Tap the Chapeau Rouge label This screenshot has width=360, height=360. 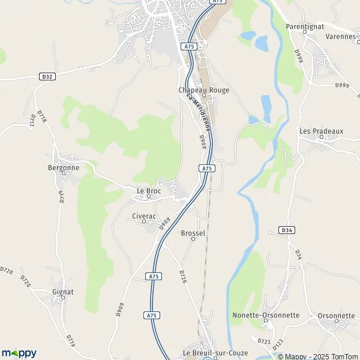[x=204, y=90]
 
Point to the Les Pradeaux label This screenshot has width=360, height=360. [x=321, y=131]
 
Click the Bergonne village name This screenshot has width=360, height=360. [x=64, y=168]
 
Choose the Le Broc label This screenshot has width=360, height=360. [x=149, y=191]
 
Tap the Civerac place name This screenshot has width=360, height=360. [x=144, y=215]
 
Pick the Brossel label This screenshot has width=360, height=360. [x=193, y=233]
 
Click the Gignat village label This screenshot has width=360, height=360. [x=63, y=292]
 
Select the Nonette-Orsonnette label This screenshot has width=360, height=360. [x=266, y=315]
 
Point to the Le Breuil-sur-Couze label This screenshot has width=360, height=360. [x=209, y=353]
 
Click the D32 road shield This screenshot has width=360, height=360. [x=47, y=76]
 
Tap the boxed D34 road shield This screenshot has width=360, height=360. [x=287, y=230]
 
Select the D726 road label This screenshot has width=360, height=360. [x=183, y=277]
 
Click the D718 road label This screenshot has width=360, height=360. [x=43, y=116]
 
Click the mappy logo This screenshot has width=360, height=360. [x=19, y=353]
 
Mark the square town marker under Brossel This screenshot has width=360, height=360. [x=193, y=239]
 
